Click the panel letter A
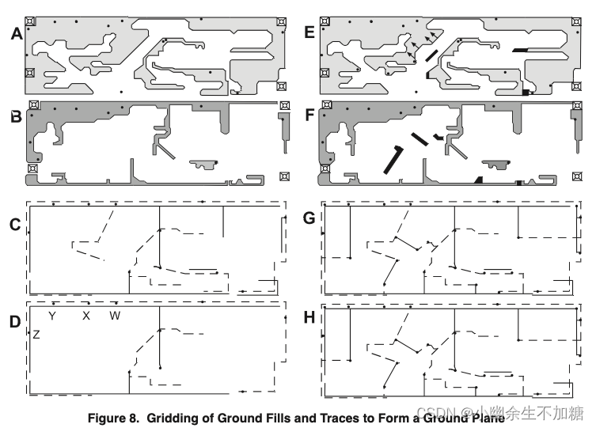tap(16, 34)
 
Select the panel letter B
tap(16, 118)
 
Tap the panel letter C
tap(15, 225)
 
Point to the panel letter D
tap(15, 323)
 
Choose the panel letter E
tap(309, 34)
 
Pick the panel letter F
tap(309, 118)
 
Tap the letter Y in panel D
tap(52, 316)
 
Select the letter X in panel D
tap(86, 316)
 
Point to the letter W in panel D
tap(115, 316)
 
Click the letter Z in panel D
tap(36, 335)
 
